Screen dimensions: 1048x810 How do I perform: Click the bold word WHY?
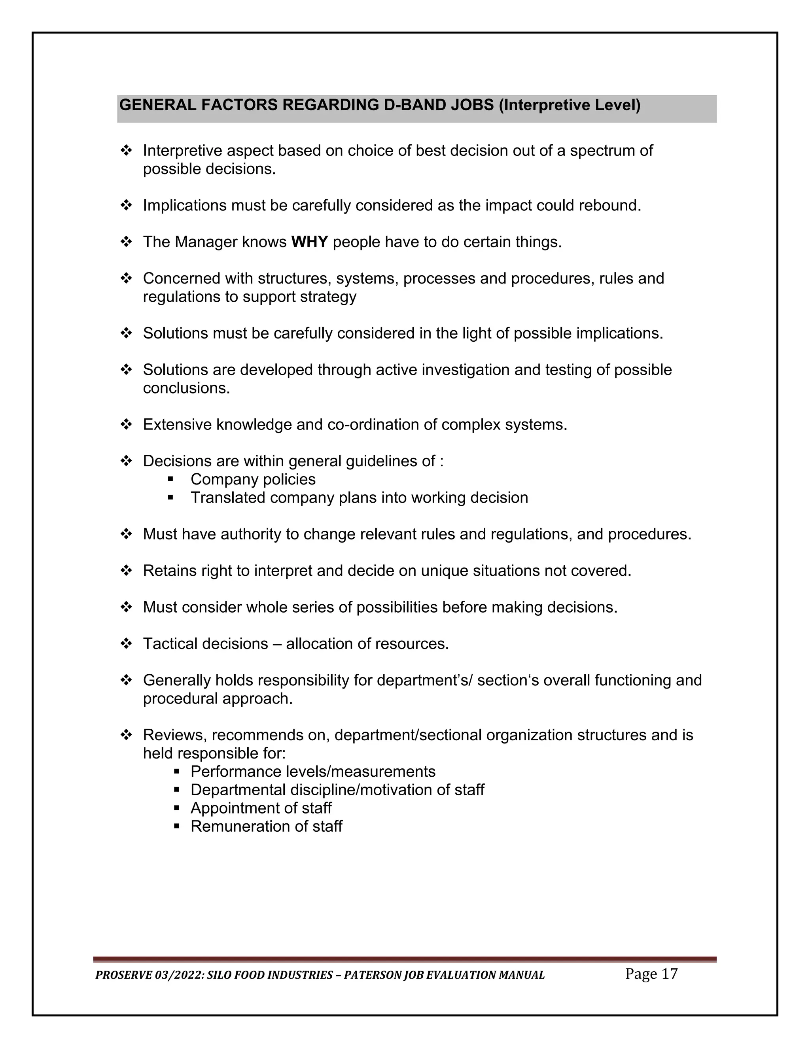click(310, 242)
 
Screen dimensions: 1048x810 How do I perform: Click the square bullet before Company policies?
click(170, 479)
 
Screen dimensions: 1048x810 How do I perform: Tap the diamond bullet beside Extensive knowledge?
click(126, 425)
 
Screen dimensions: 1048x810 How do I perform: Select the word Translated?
click(228, 498)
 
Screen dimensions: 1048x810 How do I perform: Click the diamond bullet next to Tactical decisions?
click(126, 643)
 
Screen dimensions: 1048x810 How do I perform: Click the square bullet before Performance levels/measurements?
click(176, 772)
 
